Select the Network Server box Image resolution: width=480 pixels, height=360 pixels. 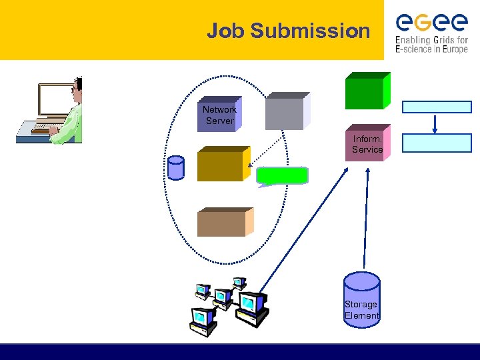(x=219, y=115)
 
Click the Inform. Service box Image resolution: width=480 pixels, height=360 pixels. (x=367, y=145)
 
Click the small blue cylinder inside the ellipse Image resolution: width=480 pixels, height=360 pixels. (x=176, y=167)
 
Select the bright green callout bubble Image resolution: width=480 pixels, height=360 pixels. (x=283, y=176)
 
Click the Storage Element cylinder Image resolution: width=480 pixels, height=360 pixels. (x=361, y=300)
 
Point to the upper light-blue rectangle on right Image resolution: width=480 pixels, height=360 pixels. (x=437, y=107)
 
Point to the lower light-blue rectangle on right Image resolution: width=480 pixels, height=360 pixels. (x=437, y=143)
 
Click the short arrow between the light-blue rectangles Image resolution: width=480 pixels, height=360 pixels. (x=435, y=124)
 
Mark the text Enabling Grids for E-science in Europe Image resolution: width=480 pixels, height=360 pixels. (x=431, y=45)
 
